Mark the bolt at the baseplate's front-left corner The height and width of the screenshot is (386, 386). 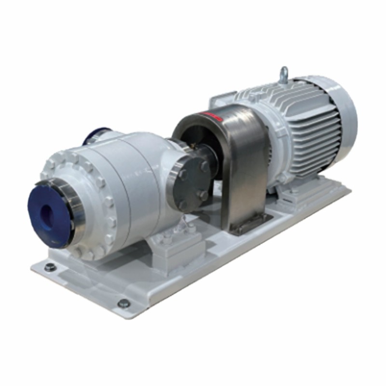(x=49, y=266)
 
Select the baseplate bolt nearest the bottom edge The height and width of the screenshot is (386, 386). (x=124, y=303)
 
